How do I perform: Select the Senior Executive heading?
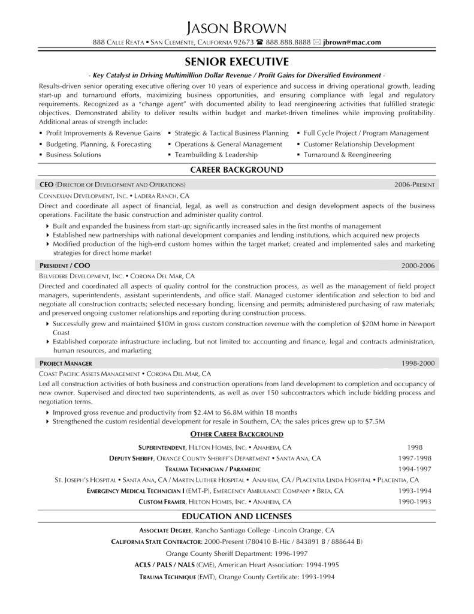tap(237, 61)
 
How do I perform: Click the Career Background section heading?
tap(237, 170)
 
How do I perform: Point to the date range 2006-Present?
tap(416, 184)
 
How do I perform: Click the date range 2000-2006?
tap(419, 264)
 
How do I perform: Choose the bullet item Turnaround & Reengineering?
tap(347, 155)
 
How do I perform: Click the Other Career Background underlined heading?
tap(237, 434)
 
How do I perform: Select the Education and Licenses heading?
tap(237, 516)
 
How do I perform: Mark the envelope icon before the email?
tap(316, 42)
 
